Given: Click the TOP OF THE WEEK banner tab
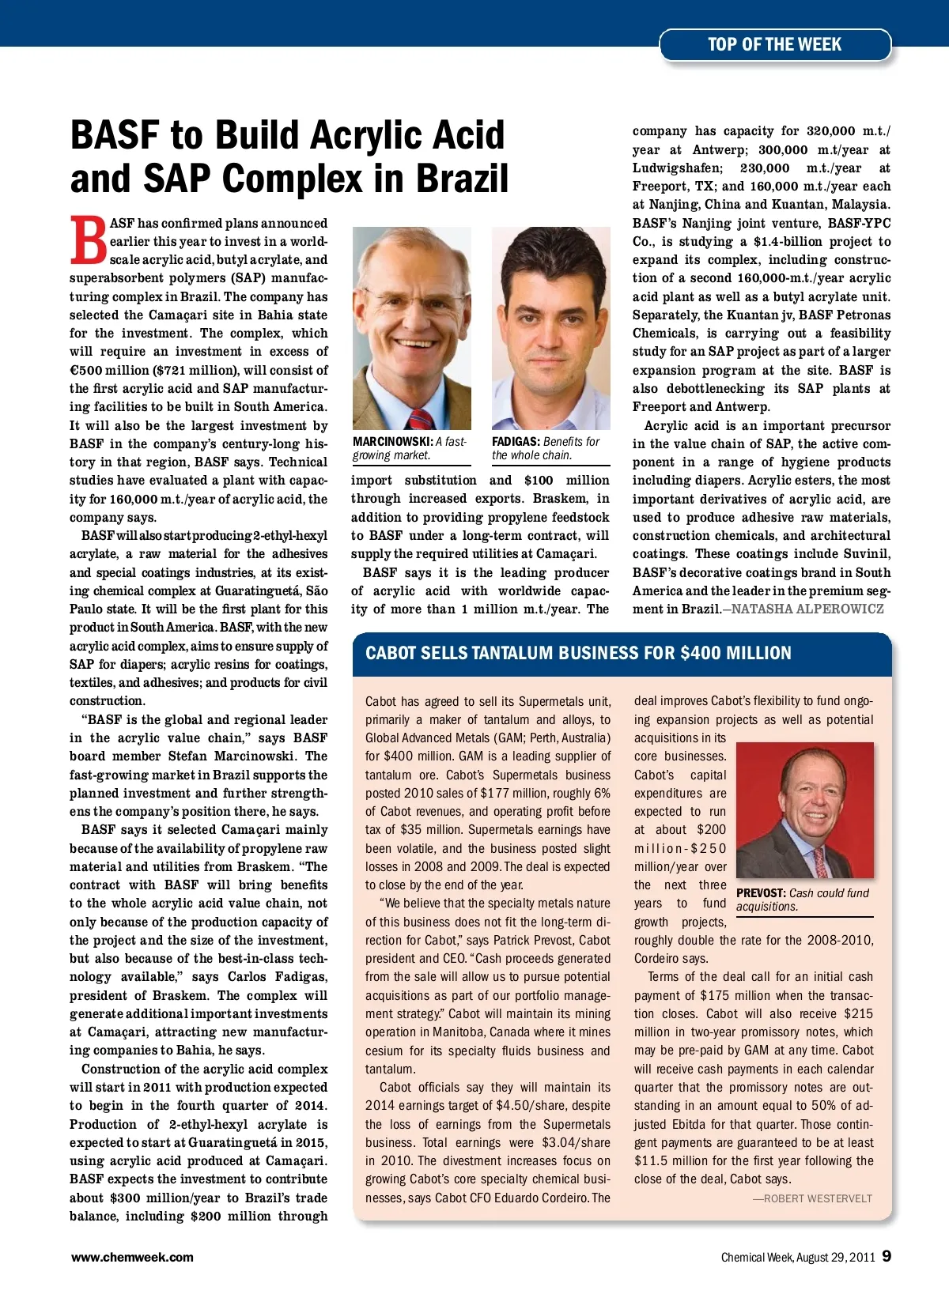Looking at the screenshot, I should [x=774, y=45].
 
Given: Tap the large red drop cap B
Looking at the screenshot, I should [x=88, y=240].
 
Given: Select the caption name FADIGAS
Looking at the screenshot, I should [x=516, y=442].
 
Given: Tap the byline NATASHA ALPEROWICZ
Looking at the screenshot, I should [x=807, y=609].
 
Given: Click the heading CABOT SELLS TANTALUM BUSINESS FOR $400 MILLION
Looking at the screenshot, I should [x=578, y=653].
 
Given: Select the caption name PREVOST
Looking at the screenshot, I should [x=761, y=893].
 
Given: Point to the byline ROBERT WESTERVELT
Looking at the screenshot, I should [x=818, y=1198].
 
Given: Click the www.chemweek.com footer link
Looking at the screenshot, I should [x=132, y=1257].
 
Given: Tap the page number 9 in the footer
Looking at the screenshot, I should [x=887, y=1256].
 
